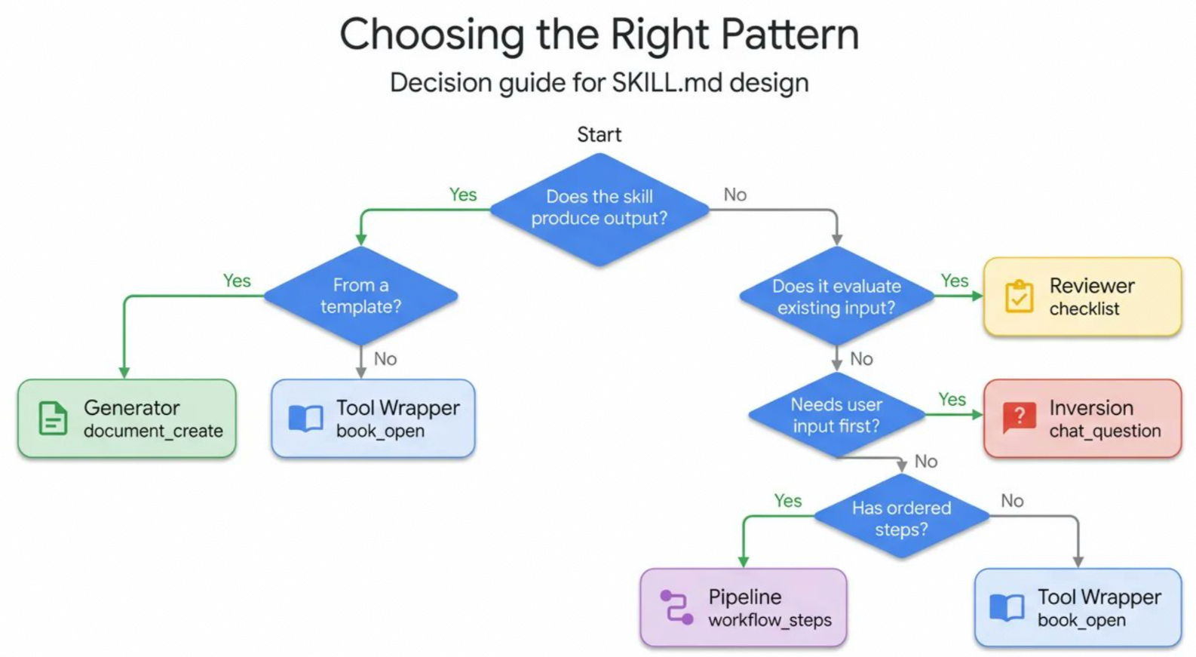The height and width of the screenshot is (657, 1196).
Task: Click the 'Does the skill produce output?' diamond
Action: point(600,210)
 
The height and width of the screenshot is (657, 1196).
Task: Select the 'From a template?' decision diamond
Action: point(361,296)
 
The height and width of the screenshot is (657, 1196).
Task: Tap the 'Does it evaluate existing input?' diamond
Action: point(836,296)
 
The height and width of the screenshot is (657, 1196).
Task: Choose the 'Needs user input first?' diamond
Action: point(836,415)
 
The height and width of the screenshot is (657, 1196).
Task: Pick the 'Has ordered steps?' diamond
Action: point(902,517)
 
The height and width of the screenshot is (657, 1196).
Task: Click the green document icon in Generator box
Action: point(54,418)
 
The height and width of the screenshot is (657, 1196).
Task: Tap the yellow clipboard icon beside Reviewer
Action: point(1020,296)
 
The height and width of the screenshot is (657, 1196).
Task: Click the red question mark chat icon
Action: point(1020,417)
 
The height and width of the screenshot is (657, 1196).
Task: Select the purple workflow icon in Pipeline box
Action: point(676,607)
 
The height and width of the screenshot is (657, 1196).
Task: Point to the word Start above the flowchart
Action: point(599,134)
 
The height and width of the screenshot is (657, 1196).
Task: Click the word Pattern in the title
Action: point(790,34)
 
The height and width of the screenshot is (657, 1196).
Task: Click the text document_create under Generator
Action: point(153,431)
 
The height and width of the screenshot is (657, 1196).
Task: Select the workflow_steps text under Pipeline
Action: point(770,620)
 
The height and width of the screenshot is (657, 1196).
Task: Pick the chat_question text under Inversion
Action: point(1106,431)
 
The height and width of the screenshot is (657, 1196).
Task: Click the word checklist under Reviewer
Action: point(1084,309)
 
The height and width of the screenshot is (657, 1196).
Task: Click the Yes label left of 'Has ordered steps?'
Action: point(788,501)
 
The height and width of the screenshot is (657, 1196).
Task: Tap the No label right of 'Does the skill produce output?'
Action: point(735,195)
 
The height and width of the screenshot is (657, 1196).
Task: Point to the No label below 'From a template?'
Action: point(385,359)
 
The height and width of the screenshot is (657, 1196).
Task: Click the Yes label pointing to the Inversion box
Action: point(952,400)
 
